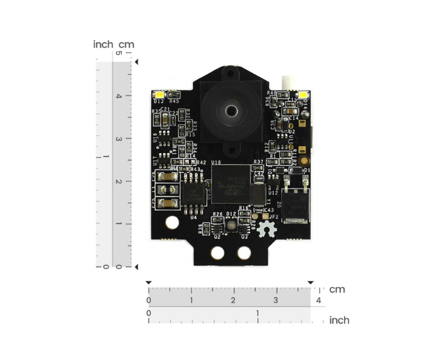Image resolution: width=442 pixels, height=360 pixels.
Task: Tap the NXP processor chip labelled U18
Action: coord(231,184)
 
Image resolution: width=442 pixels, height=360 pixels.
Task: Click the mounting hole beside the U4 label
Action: coord(172,224)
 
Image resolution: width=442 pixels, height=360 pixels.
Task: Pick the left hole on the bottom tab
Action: coord(218,253)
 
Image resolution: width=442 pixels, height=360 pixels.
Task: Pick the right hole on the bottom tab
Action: coord(243,253)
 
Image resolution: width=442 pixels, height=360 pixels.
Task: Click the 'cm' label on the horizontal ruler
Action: coord(337,290)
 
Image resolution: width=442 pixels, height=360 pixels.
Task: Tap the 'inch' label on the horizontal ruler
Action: coord(340,320)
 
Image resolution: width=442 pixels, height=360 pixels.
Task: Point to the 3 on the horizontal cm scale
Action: coord(275,300)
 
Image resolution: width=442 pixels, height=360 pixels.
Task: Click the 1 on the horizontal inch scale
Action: coord(258,313)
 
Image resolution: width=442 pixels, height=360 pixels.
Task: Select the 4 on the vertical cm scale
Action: coord(118,96)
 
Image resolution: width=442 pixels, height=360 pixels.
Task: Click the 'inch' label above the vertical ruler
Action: coord(103,44)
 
